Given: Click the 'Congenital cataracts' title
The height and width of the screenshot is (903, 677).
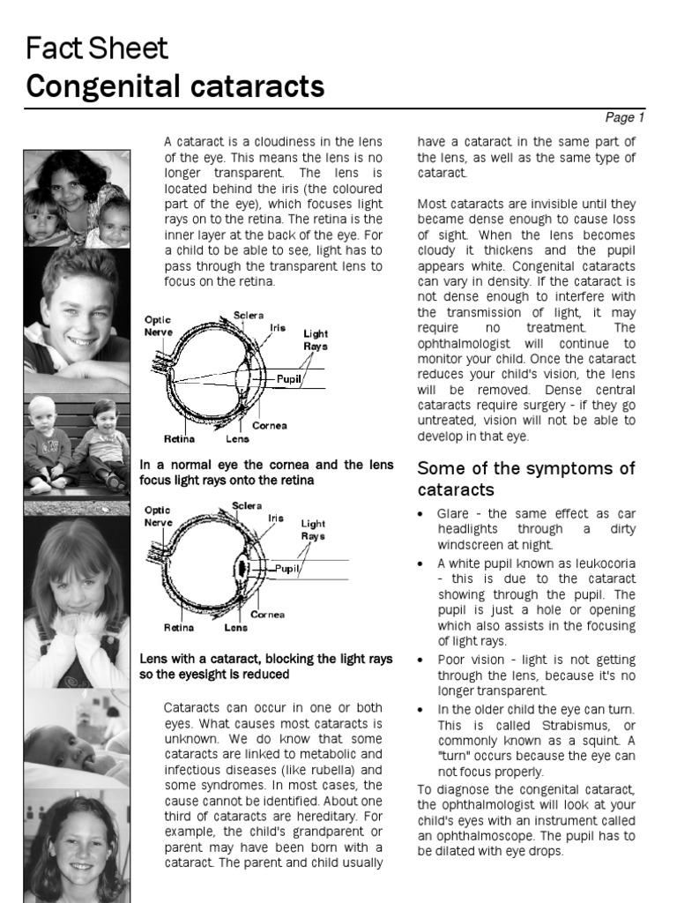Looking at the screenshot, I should coord(175,86).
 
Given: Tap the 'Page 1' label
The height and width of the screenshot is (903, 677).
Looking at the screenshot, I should coord(625,117).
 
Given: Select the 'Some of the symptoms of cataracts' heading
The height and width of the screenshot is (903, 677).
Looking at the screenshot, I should coord(525,478).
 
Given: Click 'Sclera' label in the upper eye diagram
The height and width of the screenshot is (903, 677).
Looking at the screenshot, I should coord(249,314).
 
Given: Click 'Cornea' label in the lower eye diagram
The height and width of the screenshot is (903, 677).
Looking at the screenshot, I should coord(267,614).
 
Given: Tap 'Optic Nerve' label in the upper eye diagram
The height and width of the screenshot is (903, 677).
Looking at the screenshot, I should coord(159,326).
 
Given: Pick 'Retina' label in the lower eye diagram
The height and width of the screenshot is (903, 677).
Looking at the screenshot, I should coord(178,628).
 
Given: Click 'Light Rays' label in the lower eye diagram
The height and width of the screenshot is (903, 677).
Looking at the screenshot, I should coord(313,529).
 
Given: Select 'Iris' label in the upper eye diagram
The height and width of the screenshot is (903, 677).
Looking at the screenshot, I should coord(278,327).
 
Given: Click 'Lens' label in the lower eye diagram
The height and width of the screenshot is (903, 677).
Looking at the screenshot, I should coord(235,628).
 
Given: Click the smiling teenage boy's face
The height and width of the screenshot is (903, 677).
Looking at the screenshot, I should coord(78,309).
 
